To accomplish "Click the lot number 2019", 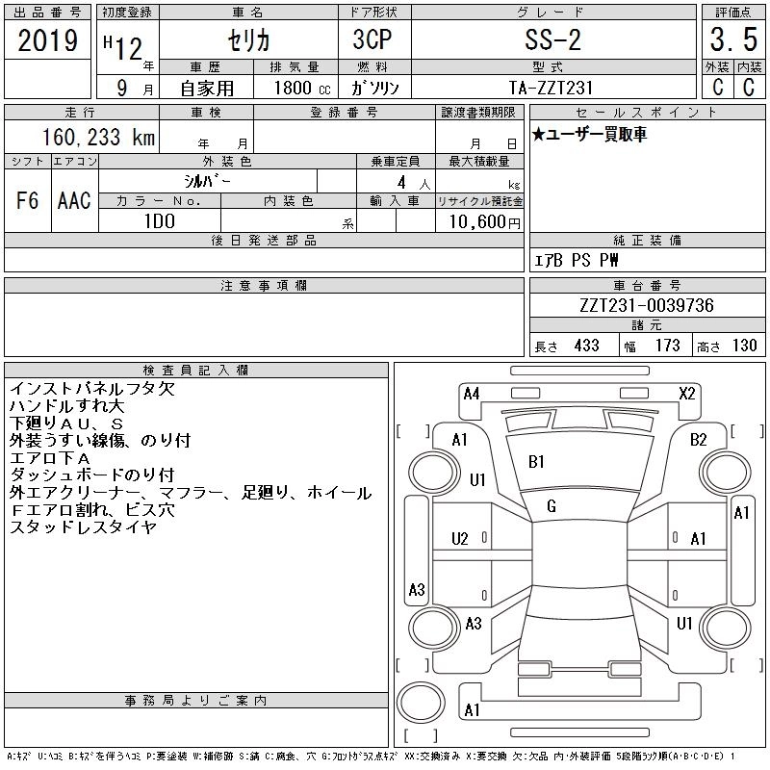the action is tap(47, 40).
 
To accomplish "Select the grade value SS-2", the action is tap(552, 39).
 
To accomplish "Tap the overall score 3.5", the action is tap(733, 39).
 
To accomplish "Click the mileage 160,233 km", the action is tap(98, 137).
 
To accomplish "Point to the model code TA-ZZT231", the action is tap(551, 88).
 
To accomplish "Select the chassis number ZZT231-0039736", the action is tap(646, 305).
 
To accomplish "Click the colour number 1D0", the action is tap(160, 221).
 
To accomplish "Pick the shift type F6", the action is tap(27, 200).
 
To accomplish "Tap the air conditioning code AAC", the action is tap(74, 200).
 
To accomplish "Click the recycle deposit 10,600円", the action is tap(484, 222).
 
